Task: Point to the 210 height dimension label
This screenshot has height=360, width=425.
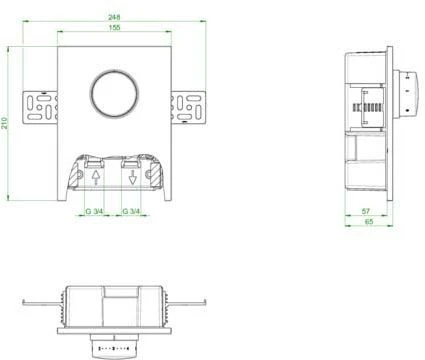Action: click(x=8, y=122)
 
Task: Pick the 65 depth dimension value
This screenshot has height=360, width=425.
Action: click(x=370, y=222)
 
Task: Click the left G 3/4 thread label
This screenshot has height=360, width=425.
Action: click(x=92, y=211)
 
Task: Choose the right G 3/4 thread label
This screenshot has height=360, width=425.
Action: click(x=131, y=211)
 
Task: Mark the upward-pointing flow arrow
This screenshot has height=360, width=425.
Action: click(x=96, y=179)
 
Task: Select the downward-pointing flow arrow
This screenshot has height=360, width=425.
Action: click(x=132, y=179)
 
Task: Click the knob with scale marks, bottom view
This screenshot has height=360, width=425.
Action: click(x=112, y=346)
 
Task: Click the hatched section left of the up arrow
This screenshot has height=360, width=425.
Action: click(x=76, y=175)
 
